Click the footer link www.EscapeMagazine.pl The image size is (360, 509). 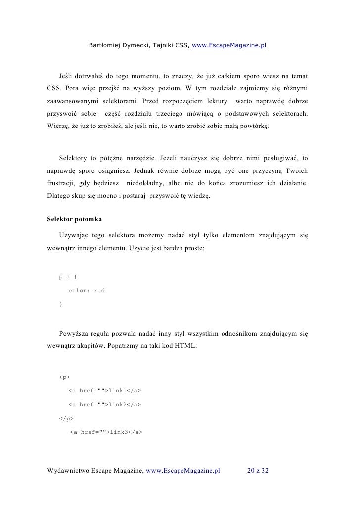[183, 471]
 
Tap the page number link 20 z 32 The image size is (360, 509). [257, 471]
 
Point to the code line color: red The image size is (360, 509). [87, 291]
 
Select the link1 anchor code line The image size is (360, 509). [104, 391]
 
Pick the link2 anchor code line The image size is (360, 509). [104, 405]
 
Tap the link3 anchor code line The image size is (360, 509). [106, 432]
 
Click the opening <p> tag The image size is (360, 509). [64, 378]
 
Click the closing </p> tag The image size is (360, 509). [66, 419]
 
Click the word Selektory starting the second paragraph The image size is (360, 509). [74, 158]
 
